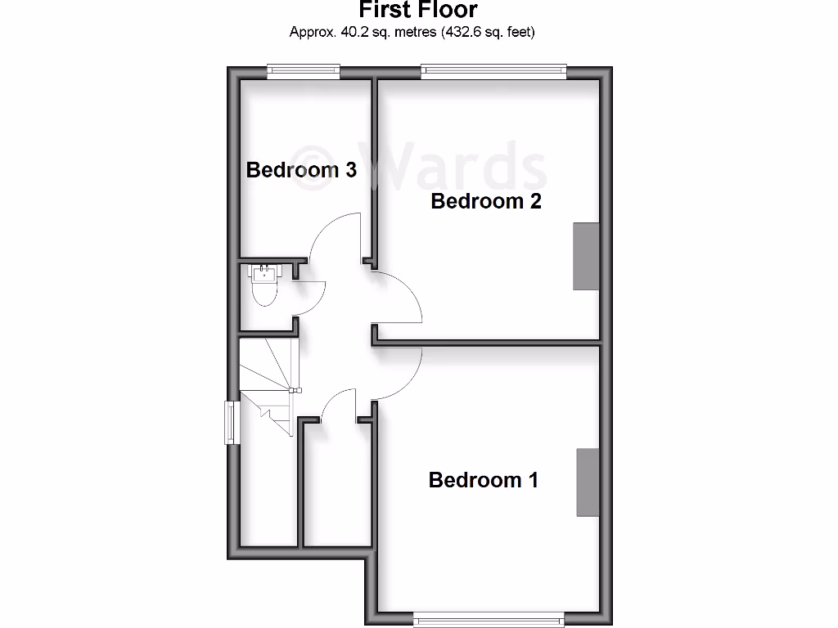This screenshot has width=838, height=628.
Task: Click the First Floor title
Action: (418, 11)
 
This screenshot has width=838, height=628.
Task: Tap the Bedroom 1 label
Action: (484, 480)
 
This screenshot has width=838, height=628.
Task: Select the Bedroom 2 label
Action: (486, 200)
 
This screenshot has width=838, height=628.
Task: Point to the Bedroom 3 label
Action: (301, 170)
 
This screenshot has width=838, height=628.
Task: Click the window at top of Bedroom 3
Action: (304, 72)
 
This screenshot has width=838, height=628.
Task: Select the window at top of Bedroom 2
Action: (493, 72)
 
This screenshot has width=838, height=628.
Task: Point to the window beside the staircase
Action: (232, 422)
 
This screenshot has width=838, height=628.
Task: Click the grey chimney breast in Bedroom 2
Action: (585, 255)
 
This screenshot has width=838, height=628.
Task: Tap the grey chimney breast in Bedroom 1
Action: (588, 482)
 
